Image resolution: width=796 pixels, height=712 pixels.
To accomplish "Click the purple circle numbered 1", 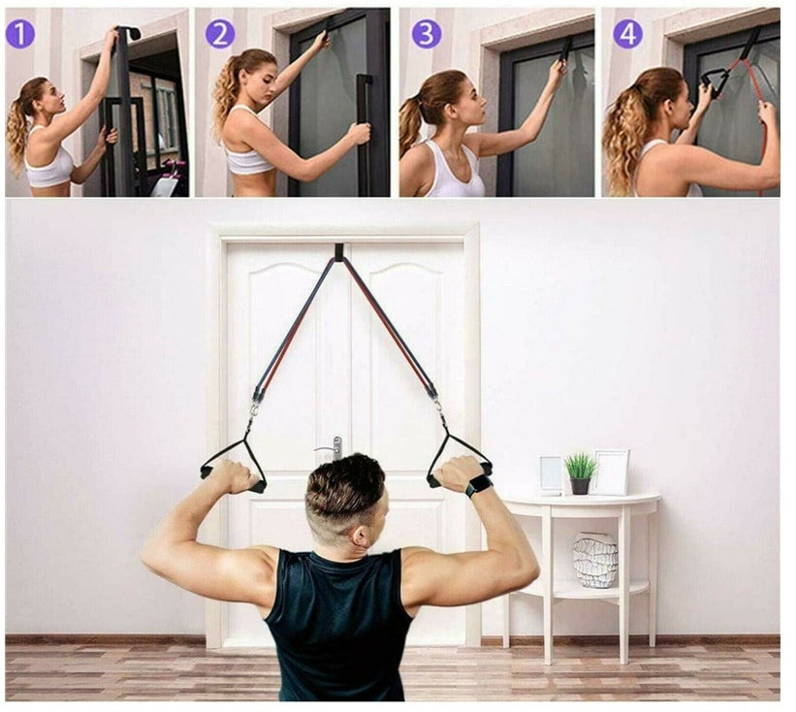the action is click(x=20, y=34).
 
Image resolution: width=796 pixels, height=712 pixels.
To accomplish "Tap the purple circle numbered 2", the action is click(x=220, y=34).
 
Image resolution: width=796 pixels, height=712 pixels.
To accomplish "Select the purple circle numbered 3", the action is click(x=427, y=34).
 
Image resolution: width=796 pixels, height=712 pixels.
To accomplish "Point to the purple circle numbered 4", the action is click(x=628, y=34).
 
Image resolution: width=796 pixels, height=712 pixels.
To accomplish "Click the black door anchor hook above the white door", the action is click(x=339, y=251).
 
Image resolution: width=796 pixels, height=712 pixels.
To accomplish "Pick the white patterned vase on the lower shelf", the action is click(x=595, y=560).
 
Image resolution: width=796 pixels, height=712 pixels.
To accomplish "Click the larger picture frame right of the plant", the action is click(x=612, y=472).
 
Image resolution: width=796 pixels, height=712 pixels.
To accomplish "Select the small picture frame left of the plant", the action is click(x=552, y=475).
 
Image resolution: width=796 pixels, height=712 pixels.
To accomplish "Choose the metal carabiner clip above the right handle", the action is click(x=436, y=405).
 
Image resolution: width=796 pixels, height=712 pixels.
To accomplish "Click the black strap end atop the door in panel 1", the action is click(x=128, y=33).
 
